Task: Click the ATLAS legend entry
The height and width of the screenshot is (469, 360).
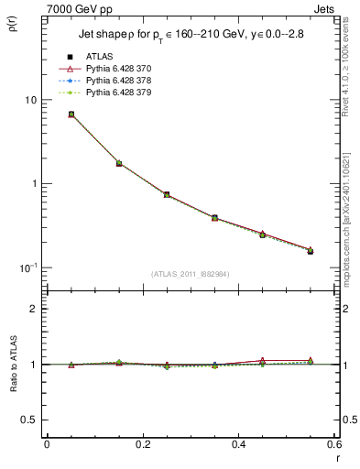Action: [x=98, y=57]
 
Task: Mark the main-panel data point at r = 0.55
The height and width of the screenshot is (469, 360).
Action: [x=311, y=250]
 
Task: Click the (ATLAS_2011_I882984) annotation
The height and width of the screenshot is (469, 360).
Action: [x=189, y=274]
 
